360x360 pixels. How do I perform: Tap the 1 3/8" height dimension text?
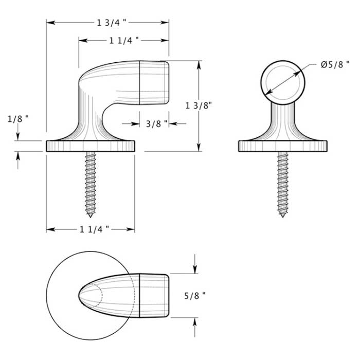pos(199,105)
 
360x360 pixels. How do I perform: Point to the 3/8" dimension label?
pos(156,123)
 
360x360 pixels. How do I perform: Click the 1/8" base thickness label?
pos(17,119)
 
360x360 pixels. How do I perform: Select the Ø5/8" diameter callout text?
pos(335,65)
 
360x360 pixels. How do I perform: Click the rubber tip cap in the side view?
pos(154,82)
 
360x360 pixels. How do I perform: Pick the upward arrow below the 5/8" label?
pos(194,323)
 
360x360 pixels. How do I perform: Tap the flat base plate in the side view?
pos(91,146)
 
